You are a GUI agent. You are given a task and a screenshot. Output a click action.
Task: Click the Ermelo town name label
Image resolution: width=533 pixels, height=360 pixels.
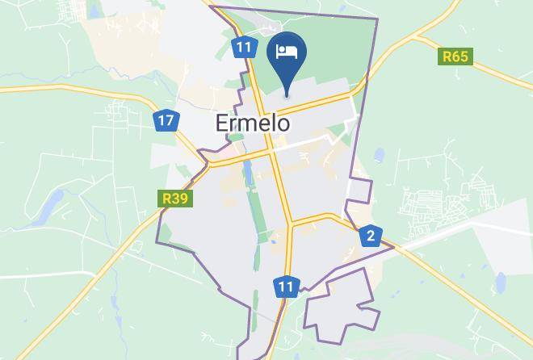click(x=254, y=123)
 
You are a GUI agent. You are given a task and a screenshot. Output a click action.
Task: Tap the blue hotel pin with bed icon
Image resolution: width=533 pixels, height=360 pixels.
click(x=287, y=54)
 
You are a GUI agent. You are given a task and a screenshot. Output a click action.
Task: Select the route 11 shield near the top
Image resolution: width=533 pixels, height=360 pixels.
click(x=244, y=47)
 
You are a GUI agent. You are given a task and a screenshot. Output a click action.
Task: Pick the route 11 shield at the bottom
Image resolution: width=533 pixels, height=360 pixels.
click(x=286, y=287)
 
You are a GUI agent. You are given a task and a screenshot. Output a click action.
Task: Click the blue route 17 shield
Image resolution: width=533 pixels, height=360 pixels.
click(x=166, y=121)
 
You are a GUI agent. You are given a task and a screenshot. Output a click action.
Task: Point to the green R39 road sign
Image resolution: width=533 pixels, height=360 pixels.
click(x=175, y=198)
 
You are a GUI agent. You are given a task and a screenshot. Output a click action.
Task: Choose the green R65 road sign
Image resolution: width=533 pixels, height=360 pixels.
click(x=455, y=57)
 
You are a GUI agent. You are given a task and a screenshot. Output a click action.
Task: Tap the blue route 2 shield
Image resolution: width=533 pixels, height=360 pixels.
click(x=371, y=236)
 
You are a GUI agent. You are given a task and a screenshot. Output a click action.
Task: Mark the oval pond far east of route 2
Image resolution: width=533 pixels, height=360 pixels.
click(x=501, y=282)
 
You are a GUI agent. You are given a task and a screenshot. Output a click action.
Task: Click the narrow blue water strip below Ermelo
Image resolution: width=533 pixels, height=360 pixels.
click(x=250, y=170)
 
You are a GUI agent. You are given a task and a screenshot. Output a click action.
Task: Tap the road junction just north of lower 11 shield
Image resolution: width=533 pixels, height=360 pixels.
click(x=289, y=223)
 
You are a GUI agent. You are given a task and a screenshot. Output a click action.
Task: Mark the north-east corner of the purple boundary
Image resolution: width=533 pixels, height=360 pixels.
click(x=377, y=19)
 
